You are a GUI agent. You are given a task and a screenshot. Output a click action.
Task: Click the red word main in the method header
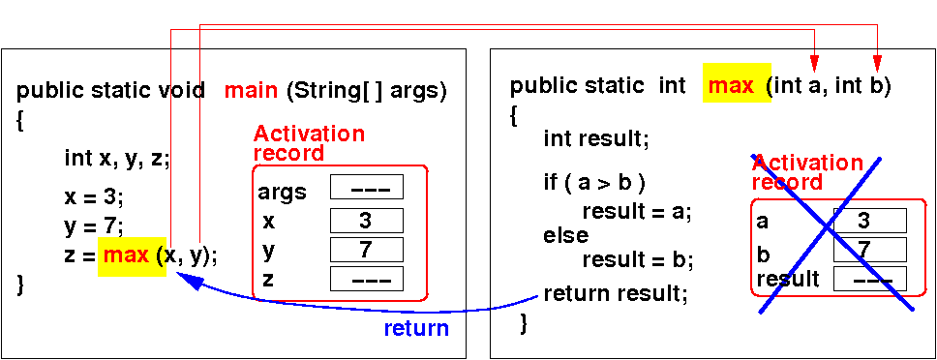pos(251,90)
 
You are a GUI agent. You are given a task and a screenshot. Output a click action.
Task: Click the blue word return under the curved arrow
pos(416,328)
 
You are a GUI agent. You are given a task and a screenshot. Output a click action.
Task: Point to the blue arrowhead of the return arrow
pos(187,278)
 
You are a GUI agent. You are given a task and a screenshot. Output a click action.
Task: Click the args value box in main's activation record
pos(366,187)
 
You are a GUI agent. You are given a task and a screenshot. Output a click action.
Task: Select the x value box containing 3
pos(366,221)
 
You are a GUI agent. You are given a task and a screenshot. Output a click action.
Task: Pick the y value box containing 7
pos(366,250)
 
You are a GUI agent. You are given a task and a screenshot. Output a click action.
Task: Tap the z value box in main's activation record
pos(366,279)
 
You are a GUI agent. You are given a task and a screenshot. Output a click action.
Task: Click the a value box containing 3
pos(870,221)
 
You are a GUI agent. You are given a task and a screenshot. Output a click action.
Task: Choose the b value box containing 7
pos(870,250)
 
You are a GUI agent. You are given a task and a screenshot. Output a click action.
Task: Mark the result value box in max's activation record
pos(870,279)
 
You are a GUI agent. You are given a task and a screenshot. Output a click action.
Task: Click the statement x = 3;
pos(95,196)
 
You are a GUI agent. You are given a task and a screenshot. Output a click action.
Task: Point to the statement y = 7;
pos(95,226)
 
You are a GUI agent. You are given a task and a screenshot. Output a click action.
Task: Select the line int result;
pos(595,139)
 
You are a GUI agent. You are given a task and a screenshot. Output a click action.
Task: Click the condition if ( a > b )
pos(594,183)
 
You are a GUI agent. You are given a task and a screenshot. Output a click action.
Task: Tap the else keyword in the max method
pos(566,235)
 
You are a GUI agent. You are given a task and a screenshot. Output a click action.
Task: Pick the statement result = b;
pos(637,259)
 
